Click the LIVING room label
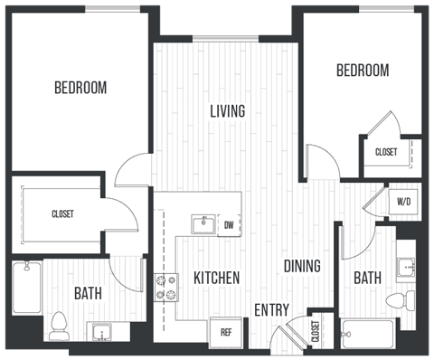click(x=228, y=112)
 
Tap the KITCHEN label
click(x=215, y=278)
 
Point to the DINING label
click(x=302, y=266)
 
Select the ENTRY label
click(x=271, y=309)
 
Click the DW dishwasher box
click(x=229, y=224)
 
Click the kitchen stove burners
click(x=165, y=288)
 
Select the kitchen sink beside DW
click(x=202, y=223)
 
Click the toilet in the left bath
click(x=60, y=322)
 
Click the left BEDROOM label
click(x=80, y=89)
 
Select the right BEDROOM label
click(x=363, y=71)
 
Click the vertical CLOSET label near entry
click(x=316, y=330)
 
